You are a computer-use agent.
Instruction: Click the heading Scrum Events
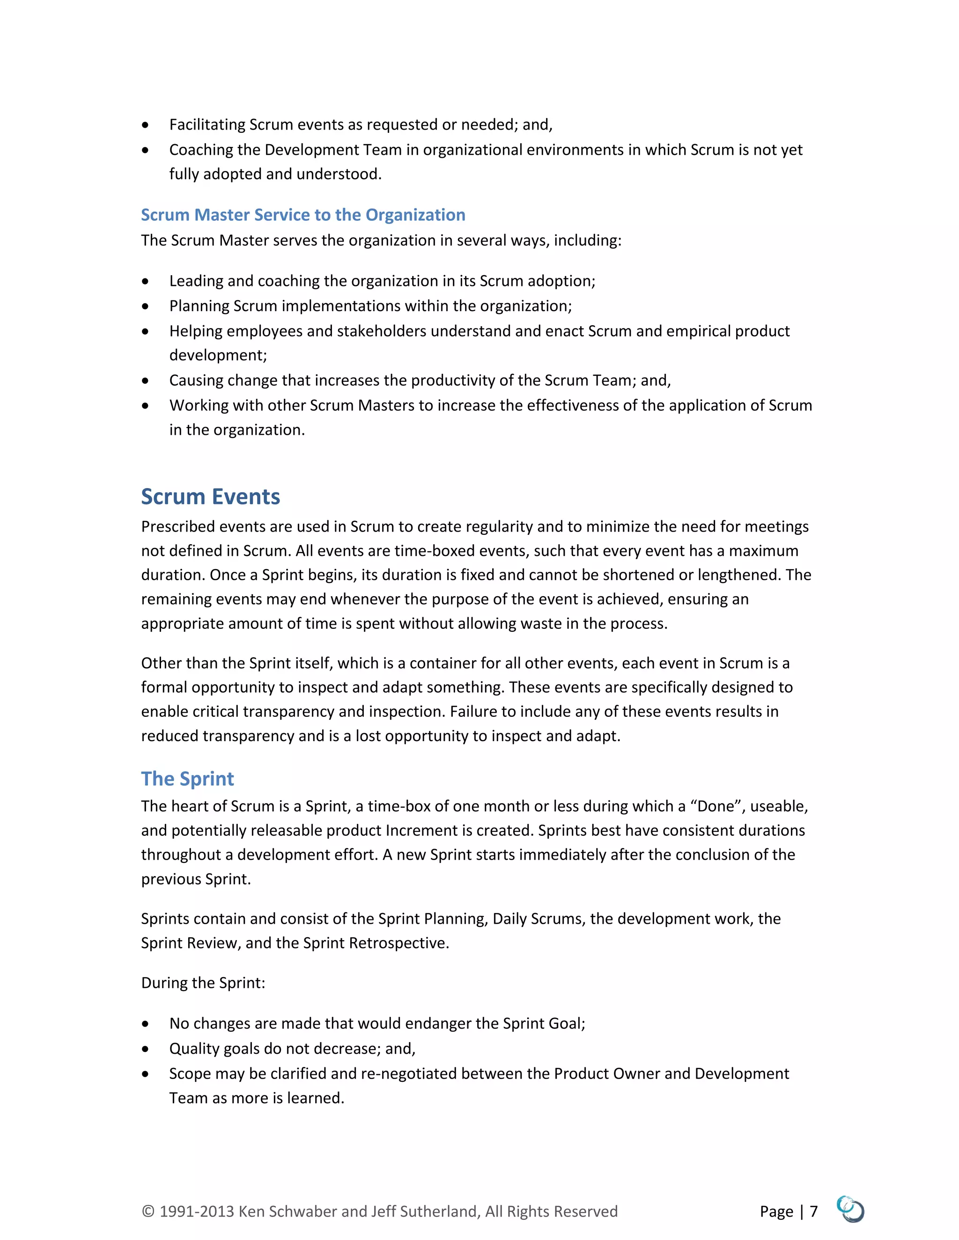210,497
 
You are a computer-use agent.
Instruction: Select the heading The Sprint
187,779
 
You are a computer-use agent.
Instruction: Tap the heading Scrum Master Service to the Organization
303,215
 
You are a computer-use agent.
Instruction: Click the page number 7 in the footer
813,1211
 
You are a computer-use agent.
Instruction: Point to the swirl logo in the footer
850,1209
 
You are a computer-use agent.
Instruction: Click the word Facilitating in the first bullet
207,124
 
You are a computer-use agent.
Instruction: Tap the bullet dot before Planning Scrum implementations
146,306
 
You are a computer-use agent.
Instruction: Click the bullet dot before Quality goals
146,1049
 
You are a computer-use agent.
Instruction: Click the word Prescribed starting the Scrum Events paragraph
178,526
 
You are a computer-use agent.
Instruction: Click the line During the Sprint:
203,983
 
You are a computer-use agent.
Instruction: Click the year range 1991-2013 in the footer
197,1211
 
